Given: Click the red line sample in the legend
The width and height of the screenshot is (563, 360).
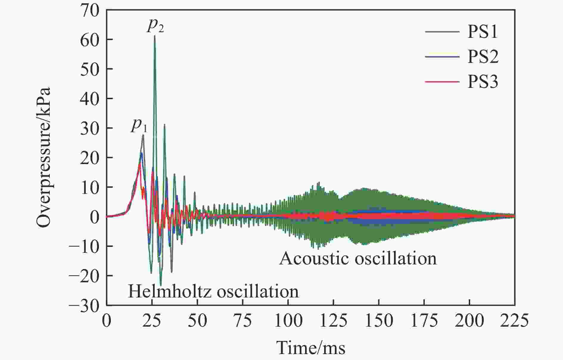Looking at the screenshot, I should pyautogui.click(x=442, y=81).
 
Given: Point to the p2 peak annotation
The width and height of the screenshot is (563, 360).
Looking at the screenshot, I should pyautogui.click(x=155, y=26).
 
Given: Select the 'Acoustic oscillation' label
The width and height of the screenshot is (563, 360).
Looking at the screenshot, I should pyautogui.click(x=358, y=258).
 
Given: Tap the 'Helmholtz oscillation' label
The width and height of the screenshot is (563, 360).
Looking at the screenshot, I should pyautogui.click(x=213, y=291).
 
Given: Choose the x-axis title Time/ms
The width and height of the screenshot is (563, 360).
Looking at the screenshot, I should pyautogui.click(x=311, y=347).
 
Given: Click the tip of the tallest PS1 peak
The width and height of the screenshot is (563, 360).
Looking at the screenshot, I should pyautogui.click(x=155, y=36).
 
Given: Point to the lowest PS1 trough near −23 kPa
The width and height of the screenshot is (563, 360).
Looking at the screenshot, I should pyautogui.click(x=161, y=285).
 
